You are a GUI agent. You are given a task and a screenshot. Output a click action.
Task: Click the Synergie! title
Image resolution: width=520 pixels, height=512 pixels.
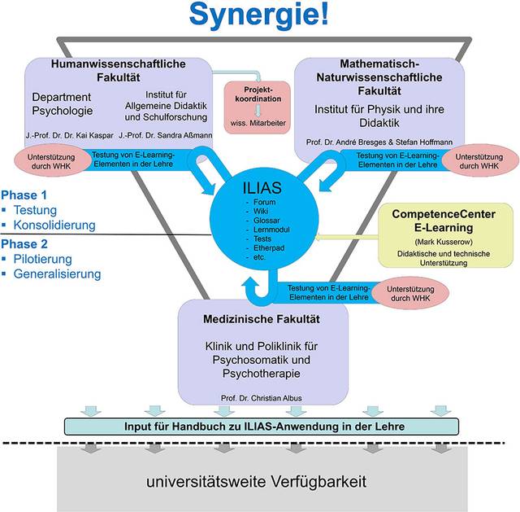point(258,14)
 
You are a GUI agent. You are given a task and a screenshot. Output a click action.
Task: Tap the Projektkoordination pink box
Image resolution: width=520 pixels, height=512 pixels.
point(258,107)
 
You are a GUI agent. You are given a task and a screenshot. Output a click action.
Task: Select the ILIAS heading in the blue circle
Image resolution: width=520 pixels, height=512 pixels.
point(262,188)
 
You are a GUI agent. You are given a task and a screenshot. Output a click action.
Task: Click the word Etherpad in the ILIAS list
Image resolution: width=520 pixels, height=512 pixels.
point(269,247)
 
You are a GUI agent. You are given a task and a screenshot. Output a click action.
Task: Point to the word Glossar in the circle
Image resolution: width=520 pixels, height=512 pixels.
point(266,221)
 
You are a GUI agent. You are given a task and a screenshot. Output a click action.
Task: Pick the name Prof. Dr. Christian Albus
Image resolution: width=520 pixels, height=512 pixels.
point(262,398)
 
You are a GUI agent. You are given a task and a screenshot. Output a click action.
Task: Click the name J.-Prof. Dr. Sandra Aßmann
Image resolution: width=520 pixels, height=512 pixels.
point(166,135)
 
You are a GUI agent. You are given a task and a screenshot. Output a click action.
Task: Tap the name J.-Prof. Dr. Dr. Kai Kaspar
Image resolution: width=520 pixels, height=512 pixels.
point(70,136)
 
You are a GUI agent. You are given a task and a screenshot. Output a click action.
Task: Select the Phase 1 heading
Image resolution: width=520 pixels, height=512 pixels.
point(24,195)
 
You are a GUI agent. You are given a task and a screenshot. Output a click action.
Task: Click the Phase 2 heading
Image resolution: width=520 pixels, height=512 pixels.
point(24,244)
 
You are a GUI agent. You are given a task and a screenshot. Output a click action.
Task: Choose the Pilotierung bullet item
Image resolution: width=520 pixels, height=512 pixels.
point(42,259)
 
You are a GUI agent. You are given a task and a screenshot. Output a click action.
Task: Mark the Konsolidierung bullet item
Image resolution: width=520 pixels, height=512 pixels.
point(54,225)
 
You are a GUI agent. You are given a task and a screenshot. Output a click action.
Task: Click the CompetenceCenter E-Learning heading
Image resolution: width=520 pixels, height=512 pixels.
point(444,221)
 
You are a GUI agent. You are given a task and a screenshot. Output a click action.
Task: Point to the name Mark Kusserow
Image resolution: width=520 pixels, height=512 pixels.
point(444,242)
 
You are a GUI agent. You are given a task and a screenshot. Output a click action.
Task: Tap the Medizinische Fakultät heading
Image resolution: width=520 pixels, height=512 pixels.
point(262,319)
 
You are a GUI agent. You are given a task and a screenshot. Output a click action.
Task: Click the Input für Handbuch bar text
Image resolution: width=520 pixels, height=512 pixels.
point(264,427)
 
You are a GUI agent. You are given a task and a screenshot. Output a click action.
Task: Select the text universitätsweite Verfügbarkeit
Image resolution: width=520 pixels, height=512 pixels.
point(257,481)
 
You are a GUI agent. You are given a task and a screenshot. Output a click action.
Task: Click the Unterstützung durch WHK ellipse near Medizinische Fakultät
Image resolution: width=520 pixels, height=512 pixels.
point(410,293)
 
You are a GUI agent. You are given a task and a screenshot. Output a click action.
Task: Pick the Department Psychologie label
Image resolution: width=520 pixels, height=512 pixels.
point(62,103)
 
